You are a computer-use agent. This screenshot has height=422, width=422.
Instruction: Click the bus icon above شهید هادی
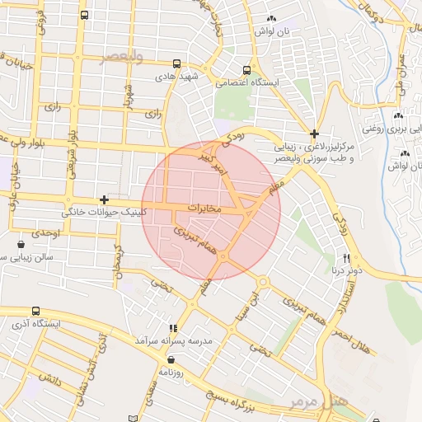(177, 63)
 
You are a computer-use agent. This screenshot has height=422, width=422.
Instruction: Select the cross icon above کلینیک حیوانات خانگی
(104, 199)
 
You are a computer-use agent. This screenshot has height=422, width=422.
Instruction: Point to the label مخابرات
(206, 207)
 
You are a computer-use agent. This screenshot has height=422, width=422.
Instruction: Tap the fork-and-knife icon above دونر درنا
(346, 257)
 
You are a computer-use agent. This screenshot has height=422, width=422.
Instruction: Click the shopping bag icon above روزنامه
(171, 359)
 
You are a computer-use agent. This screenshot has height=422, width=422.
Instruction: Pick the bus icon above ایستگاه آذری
(35, 311)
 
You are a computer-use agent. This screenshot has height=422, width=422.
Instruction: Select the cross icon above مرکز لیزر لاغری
(314, 134)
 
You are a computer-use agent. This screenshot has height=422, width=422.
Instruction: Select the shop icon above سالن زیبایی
(21, 244)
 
